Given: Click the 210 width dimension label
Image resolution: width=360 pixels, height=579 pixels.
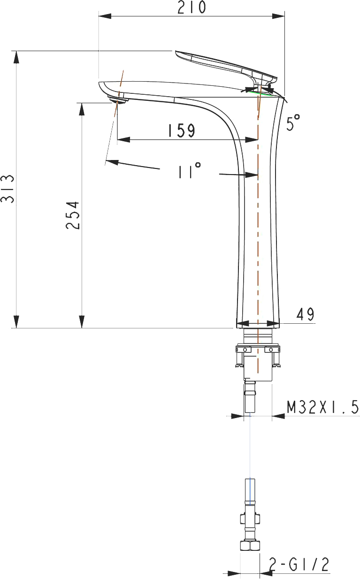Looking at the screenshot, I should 191,8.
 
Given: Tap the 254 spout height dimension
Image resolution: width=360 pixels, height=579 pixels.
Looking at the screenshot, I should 72,215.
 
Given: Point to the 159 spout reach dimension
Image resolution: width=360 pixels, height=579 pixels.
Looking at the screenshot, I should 181,130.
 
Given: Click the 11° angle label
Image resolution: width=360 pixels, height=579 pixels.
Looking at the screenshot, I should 189,171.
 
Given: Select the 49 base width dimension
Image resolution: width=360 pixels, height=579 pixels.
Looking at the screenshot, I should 305,314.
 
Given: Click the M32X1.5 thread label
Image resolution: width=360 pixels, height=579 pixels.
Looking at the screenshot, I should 322,407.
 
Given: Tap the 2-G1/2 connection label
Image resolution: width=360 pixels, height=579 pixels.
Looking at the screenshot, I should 299,565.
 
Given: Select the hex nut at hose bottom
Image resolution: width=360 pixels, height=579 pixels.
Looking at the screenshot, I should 250,546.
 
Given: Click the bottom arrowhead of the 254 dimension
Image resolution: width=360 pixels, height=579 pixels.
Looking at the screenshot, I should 82,321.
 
